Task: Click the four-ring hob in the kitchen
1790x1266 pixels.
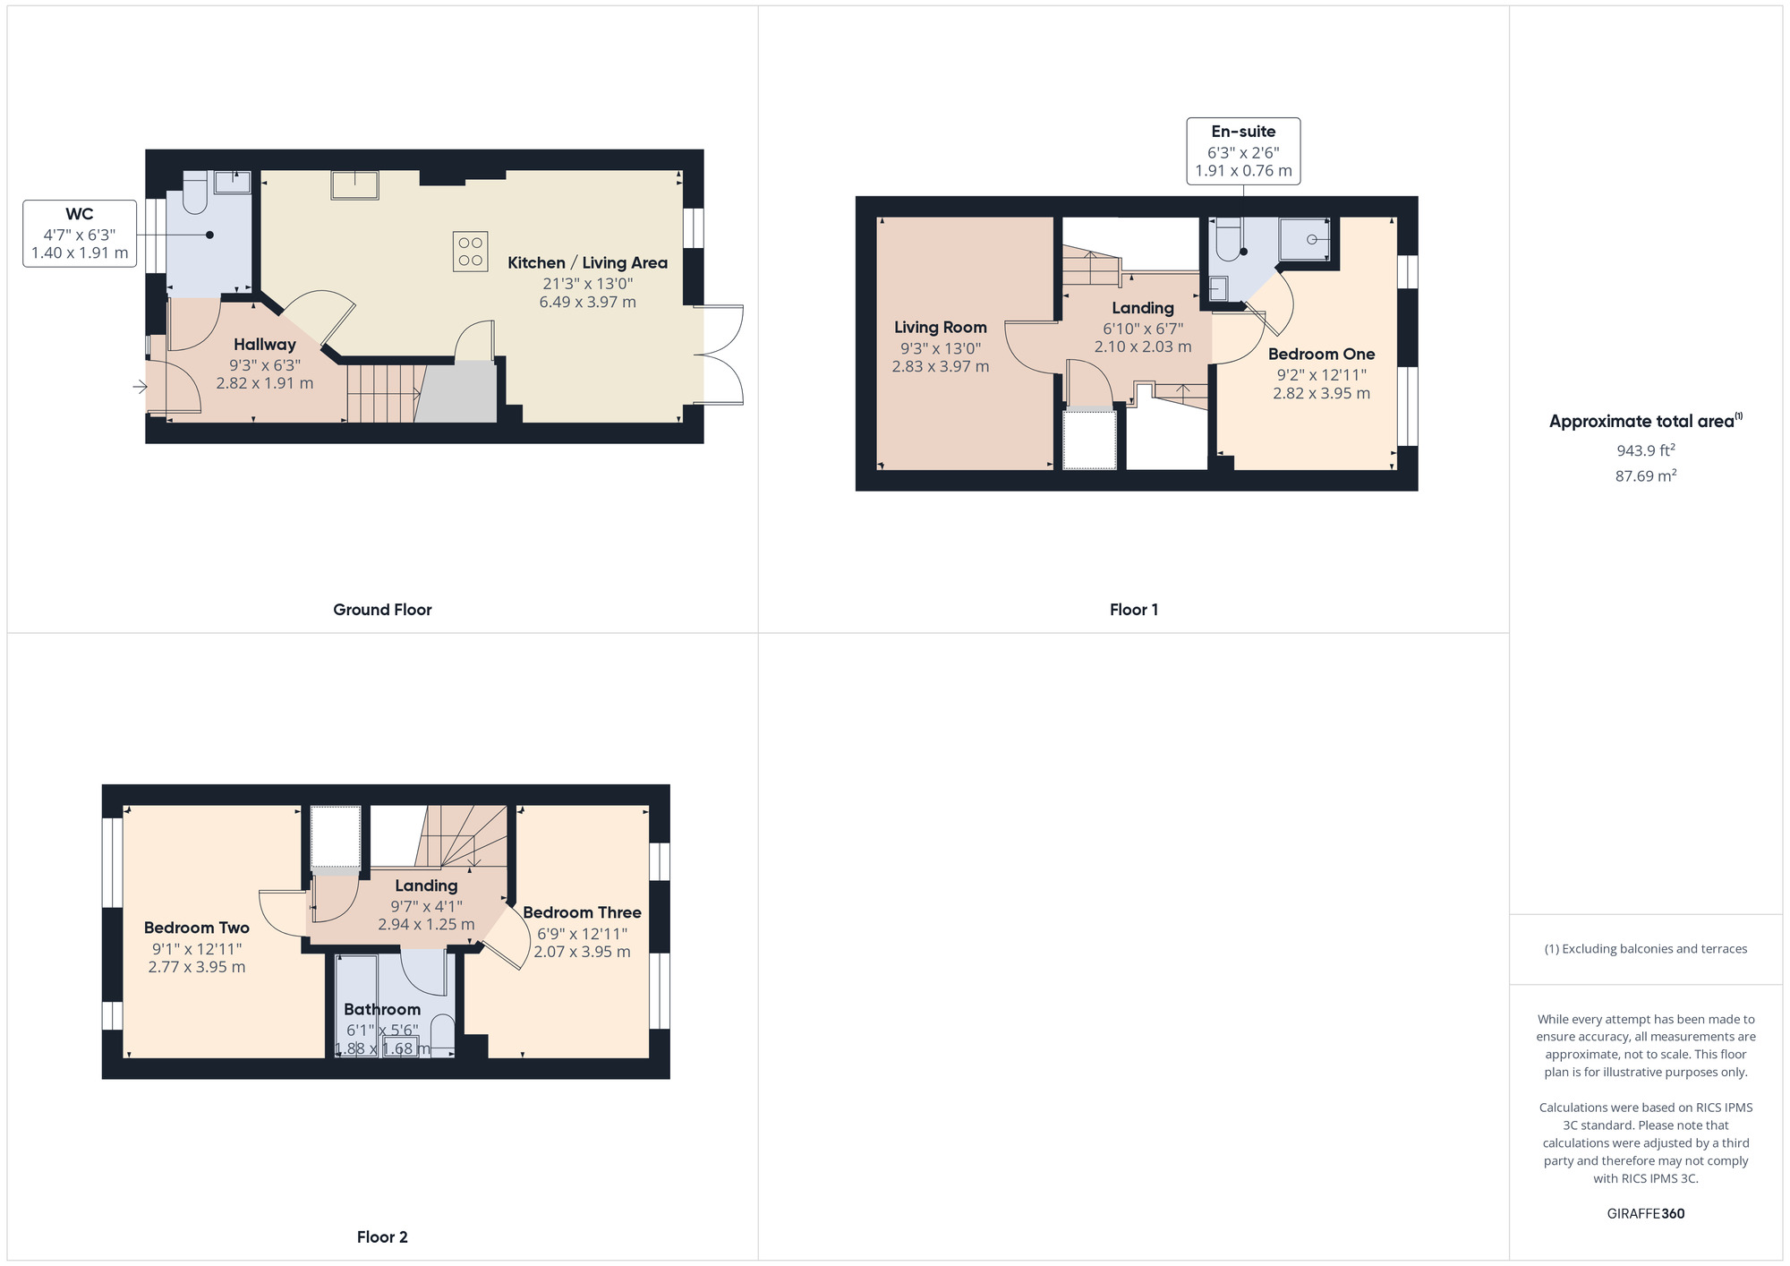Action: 470,252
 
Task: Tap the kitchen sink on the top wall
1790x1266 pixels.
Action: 354,184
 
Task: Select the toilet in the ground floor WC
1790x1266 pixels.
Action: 195,192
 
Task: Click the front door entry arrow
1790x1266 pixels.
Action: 140,387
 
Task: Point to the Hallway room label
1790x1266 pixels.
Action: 265,345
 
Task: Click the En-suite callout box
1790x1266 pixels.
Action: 1243,151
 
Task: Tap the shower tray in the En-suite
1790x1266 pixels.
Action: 1304,239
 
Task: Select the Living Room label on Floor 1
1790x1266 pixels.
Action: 940,328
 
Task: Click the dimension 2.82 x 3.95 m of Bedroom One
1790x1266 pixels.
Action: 1321,393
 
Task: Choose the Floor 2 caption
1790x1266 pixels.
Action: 382,1236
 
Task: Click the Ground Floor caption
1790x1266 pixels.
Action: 382,610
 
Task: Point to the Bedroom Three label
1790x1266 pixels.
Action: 582,912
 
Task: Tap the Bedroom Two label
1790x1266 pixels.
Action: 197,928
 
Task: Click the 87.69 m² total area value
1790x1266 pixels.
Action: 1645,476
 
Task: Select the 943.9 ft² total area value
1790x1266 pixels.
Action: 1645,450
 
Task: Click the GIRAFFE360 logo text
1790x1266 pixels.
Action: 1645,1214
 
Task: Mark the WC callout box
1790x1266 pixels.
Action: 80,234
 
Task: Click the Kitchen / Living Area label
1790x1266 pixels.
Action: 587,263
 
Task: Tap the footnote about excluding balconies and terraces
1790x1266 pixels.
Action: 1645,949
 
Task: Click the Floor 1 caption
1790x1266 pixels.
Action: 1133,610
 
